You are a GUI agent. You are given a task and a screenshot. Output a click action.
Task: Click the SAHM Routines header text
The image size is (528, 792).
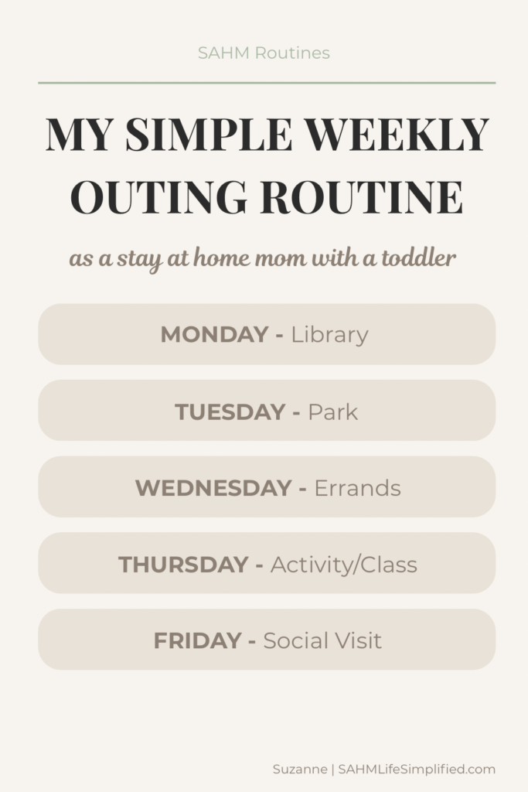(x=264, y=53)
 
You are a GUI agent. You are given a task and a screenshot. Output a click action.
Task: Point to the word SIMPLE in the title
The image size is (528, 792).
(x=209, y=135)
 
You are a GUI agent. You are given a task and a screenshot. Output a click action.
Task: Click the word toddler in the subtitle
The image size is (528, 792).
(x=418, y=258)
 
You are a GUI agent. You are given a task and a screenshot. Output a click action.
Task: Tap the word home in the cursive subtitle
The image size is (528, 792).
(x=221, y=258)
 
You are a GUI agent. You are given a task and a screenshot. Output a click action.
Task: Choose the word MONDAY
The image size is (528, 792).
(x=214, y=334)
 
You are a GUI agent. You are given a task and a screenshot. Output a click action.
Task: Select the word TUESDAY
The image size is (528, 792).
(x=230, y=411)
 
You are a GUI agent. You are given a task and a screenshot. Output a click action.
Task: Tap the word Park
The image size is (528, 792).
(x=332, y=411)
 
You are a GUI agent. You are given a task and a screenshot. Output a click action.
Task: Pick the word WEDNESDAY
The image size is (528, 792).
(x=213, y=488)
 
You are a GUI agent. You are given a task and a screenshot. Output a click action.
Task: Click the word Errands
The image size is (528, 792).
(x=357, y=488)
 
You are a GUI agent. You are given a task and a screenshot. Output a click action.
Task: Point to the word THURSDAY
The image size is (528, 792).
(x=183, y=564)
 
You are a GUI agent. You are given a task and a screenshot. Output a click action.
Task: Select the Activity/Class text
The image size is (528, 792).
(x=344, y=565)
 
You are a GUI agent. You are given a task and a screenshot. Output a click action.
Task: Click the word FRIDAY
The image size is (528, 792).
(x=197, y=640)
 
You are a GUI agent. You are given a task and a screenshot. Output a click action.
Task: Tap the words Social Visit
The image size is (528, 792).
(x=322, y=640)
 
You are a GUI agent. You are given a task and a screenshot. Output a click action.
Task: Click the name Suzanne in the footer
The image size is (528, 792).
(x=300, y=770)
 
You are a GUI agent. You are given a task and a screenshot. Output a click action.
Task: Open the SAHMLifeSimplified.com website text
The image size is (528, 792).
(x=417, y=770)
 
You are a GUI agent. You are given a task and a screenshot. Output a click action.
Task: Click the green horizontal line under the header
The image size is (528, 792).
(x=267, y=82)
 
